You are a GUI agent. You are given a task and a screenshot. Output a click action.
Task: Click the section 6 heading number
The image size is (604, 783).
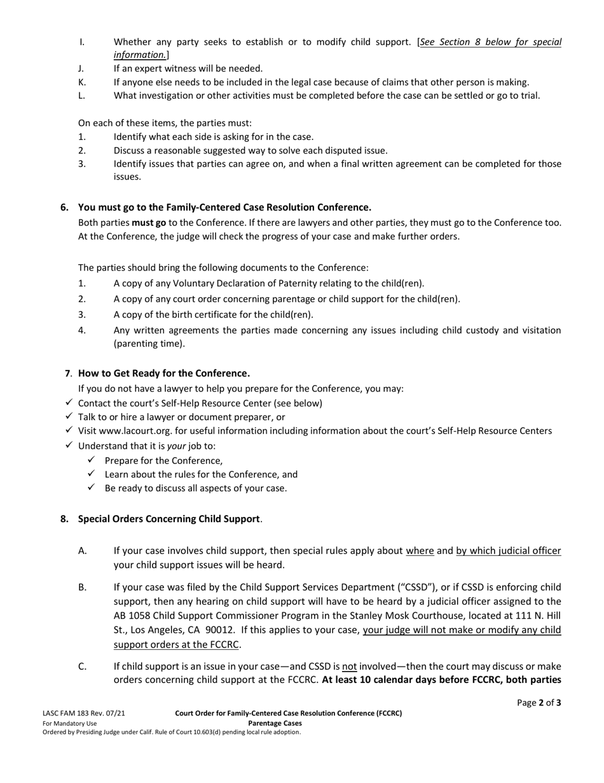pos(64,208)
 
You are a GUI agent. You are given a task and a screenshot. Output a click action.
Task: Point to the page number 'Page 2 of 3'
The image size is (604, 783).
pos(539,703)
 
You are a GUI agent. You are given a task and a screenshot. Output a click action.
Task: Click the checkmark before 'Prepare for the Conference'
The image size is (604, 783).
pos(91,460)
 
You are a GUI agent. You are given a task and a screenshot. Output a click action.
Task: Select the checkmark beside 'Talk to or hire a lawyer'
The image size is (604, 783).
pos(69,416)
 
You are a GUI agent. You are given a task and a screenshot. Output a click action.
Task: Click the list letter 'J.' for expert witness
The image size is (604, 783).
pos(81,68)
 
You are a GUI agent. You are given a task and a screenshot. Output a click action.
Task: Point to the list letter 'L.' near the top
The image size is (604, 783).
pos(81,95)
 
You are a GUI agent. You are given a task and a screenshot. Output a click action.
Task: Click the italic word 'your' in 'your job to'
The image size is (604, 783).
pos(176,446)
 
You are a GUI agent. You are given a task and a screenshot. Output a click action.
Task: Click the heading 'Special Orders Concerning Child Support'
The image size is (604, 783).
pos(168,519)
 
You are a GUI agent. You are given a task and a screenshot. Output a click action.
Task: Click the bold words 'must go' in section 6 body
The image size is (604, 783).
pos(149,223)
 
